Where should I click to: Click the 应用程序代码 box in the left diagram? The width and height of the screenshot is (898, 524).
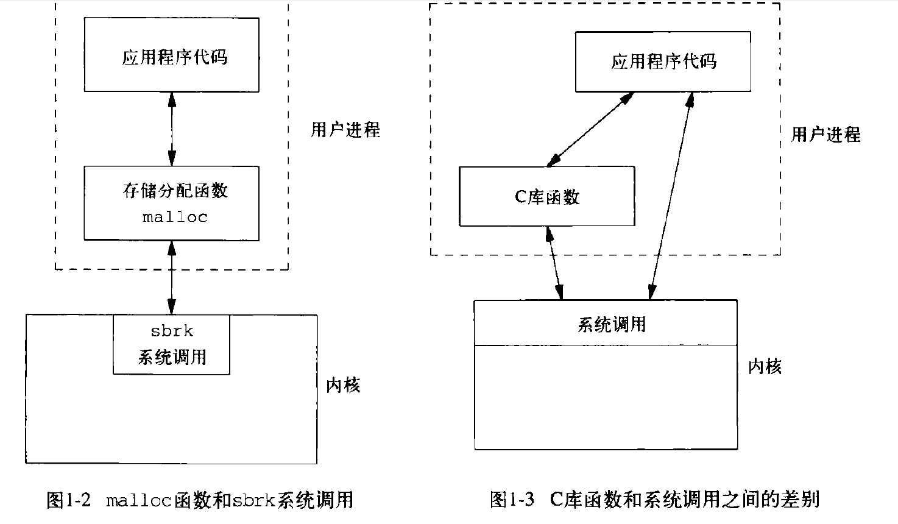point(172,55)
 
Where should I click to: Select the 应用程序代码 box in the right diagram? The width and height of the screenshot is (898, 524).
point(663,62)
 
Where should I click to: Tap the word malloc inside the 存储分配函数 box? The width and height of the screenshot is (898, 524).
point(175,217)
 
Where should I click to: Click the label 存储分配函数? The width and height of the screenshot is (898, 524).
point(175,191)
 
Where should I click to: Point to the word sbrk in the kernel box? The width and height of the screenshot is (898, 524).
point(172,331)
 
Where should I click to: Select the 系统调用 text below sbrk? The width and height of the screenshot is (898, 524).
point(172,357)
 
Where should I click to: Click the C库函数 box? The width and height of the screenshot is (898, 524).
point(547,196)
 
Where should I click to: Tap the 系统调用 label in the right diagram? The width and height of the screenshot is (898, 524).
point(611,324)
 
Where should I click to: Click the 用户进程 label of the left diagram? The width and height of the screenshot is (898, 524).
point(345,129)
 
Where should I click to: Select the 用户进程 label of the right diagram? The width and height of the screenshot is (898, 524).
point(826,134)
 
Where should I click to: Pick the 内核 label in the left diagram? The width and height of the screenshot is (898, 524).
point(343,384)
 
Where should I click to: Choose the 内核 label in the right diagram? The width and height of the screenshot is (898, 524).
point(765,366)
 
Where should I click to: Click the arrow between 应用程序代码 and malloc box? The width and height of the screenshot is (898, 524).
point(172,129)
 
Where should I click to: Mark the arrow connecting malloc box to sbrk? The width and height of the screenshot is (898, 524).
point(172,277)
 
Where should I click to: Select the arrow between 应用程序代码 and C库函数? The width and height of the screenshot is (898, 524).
point(590,129)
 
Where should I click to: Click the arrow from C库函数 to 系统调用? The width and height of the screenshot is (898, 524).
point(554,263)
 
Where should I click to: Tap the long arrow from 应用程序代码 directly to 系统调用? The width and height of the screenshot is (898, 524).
point(670,195)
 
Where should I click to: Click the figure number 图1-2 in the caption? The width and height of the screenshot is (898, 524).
point(68,500)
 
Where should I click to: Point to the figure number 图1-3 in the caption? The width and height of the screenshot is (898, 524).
point(512,500)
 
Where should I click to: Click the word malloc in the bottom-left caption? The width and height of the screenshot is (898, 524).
point(139,501)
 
